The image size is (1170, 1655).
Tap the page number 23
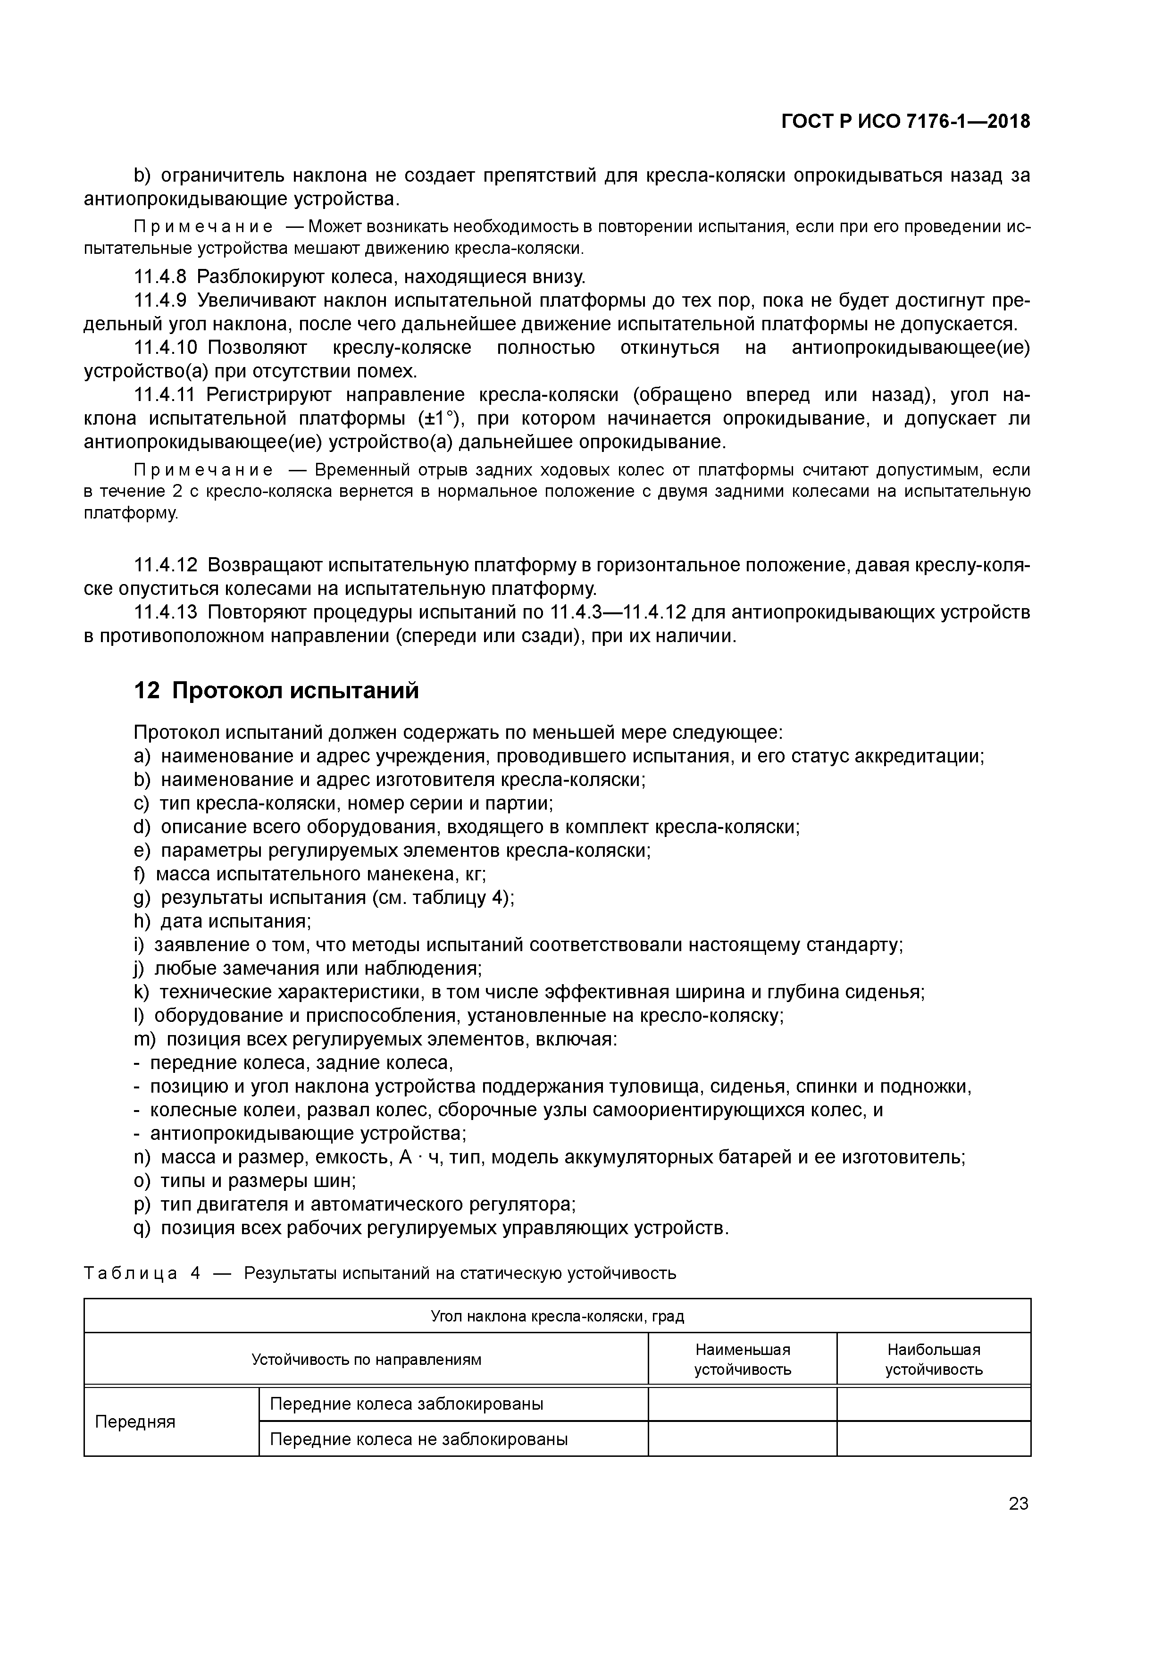click(1018, 1504)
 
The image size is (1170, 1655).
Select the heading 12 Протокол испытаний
click(276, 691)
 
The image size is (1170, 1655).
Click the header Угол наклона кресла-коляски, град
click(557, 1316)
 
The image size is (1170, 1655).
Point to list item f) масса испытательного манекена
click(310, 874)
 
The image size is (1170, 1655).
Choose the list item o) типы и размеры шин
click(245, 1181)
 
